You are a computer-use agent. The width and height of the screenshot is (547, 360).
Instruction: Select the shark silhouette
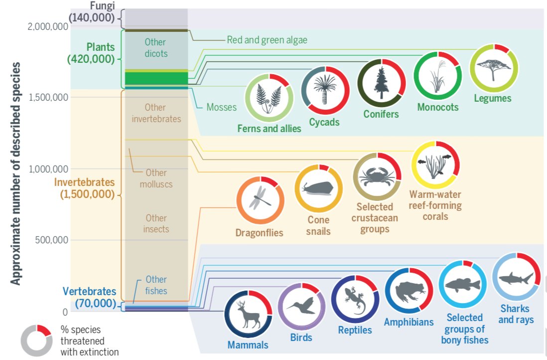[516, 277]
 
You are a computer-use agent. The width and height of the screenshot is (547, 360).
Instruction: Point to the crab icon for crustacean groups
[377, 176]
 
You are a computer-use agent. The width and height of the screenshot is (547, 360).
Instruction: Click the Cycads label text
[324, 122]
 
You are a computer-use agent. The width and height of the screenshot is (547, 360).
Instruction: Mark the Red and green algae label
[267, 40]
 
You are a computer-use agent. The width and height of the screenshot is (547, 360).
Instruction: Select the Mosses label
[222, 107]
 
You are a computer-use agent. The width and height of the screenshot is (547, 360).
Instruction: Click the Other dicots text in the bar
[155, 48]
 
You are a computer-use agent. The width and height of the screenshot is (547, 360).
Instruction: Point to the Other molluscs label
[155, 178]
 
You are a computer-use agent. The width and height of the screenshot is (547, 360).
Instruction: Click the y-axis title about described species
[16, 174]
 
